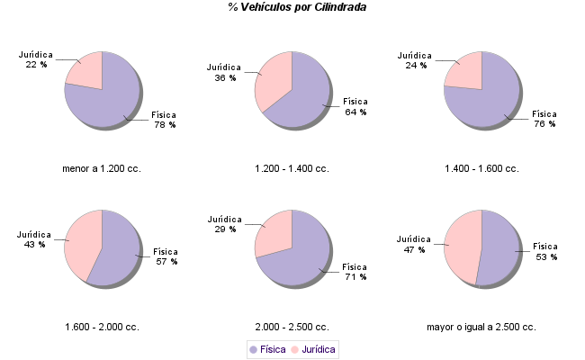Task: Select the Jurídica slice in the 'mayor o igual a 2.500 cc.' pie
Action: click(x=464, y=245)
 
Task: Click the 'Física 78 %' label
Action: click(x=165, y=120)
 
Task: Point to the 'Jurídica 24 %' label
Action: click(x=415, y=60)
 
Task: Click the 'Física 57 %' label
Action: click(x=166, y=256)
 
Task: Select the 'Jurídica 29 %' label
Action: click(x=225, y=224)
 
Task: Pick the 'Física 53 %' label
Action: click(x=546, y=251)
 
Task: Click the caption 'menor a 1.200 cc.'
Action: click(x=102, y=168)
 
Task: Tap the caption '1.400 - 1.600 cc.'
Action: click(x=482, y=168)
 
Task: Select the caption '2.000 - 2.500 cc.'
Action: click(x=292, y=326)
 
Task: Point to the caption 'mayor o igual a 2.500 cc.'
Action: click(x=481, y=326)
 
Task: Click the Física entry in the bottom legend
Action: click(x=267, y=348)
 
